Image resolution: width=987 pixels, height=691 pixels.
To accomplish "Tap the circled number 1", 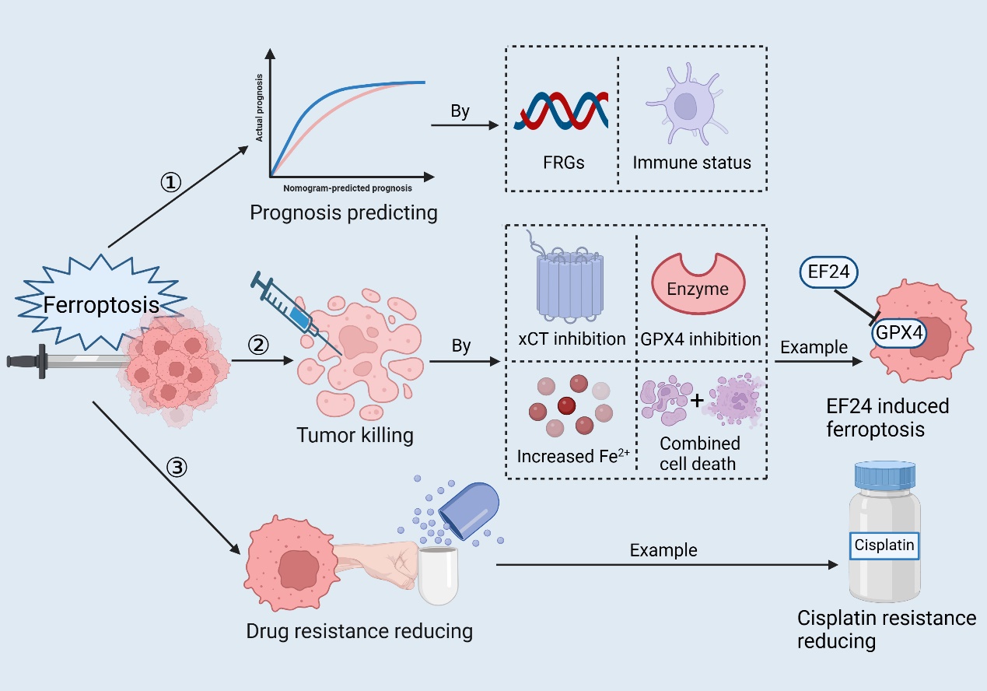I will tap(170, 183).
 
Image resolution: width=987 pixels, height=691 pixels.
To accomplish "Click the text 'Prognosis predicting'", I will tap(344, 212).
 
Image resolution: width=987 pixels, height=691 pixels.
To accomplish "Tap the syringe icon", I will tap(289, 307).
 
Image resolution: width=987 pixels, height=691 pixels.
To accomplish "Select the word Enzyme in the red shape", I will tap(698, 289).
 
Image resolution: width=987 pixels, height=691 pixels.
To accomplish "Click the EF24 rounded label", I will tap(829, 273).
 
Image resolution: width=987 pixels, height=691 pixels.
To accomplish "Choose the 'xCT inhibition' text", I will tap(572, 338).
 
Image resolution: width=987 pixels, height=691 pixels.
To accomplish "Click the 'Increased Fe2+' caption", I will tap(572, 456).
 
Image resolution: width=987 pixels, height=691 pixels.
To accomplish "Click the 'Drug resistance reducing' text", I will tap(359, 630).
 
